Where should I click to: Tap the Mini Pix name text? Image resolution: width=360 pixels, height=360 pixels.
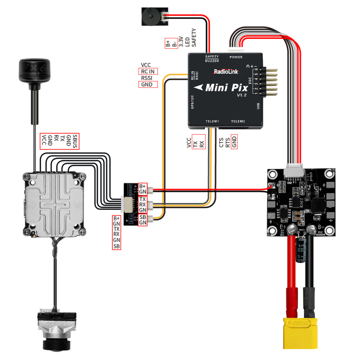coord(223,87)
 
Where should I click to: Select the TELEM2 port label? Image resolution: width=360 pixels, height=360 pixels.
coord(238,122)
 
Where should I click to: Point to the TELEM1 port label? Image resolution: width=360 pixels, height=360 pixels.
coord(213,122)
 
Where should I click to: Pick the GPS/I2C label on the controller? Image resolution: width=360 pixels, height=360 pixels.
coord(192,102)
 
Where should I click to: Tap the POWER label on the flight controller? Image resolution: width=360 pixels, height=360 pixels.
coord(236,57)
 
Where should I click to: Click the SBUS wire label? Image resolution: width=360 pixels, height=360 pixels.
coord(75,141)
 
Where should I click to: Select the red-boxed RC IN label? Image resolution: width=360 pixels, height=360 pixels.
coord(148,71)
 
